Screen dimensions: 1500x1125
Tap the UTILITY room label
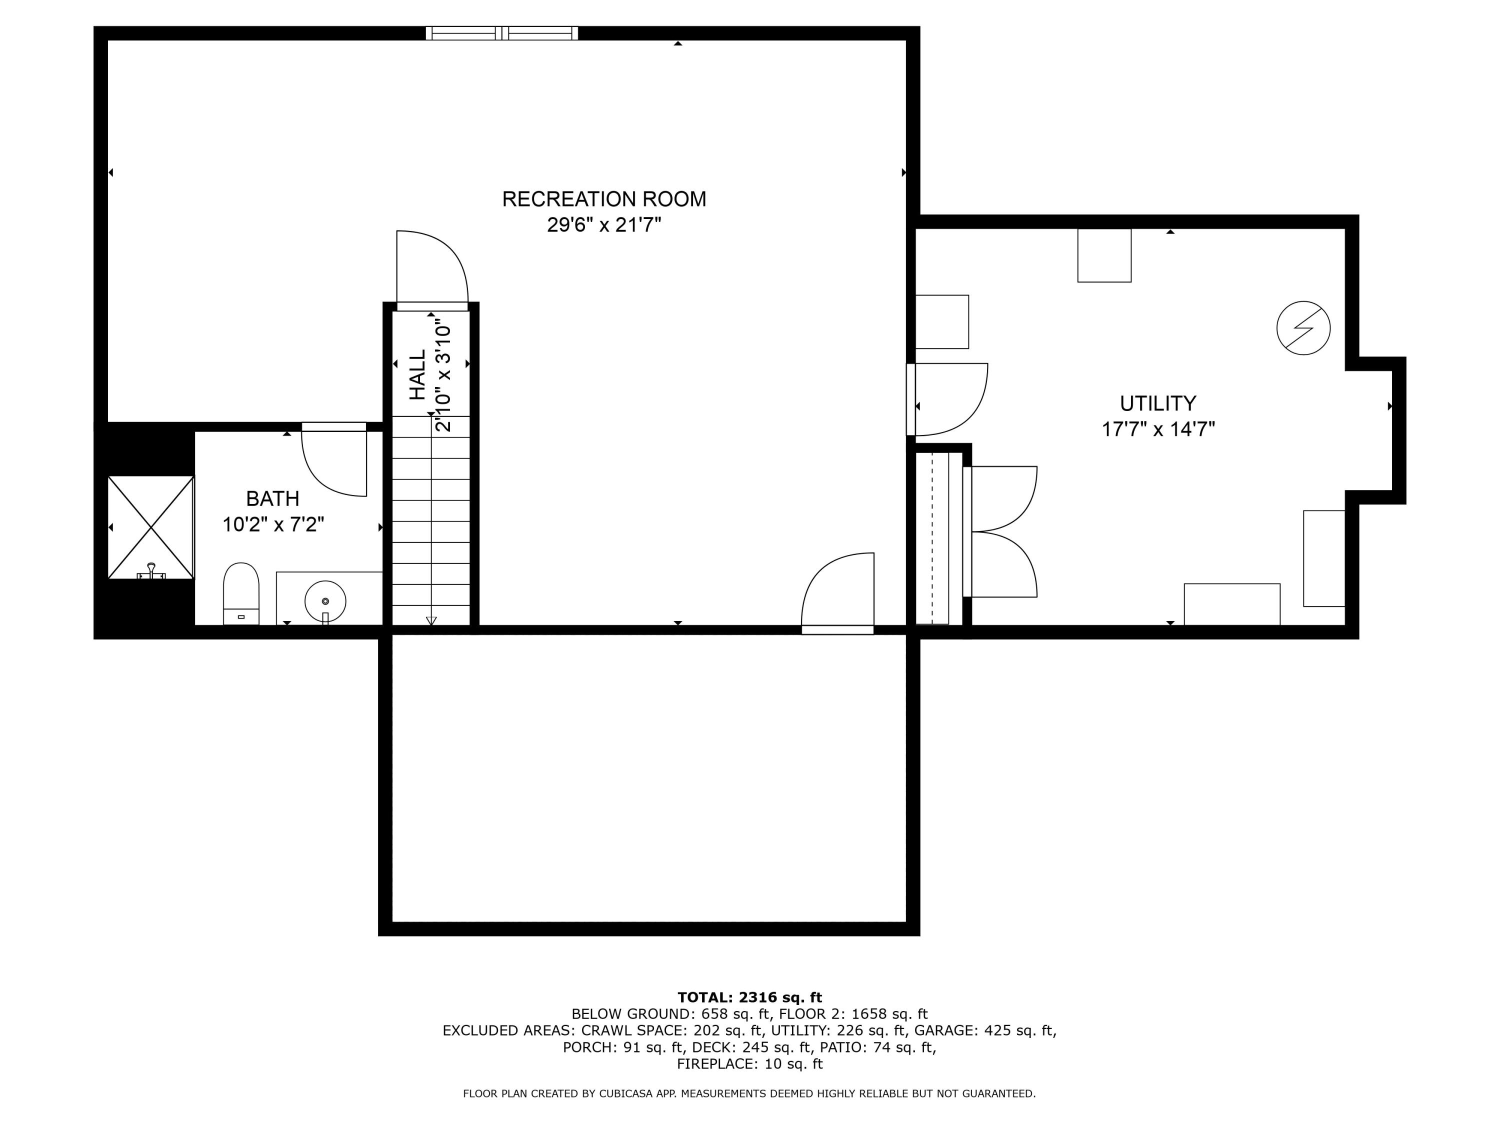[x=1157, y=403]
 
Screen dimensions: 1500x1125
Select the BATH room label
[x=272, y=499]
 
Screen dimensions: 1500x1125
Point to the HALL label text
[x=417, y=374]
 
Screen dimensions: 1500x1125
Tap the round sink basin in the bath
[x=325, y=601]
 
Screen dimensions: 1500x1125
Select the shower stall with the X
[x=151, y=527]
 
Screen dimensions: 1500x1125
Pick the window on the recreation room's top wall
[x=502, y=32]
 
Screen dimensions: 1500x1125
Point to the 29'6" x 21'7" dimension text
[x=604, y=224]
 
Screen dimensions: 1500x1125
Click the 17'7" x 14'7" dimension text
[x=1158, y=429]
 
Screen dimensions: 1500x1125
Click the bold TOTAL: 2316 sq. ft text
[x=749, y=997]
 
